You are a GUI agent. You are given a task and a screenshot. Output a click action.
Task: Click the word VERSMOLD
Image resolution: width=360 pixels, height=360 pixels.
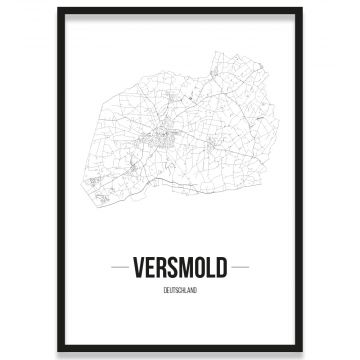point(180,270)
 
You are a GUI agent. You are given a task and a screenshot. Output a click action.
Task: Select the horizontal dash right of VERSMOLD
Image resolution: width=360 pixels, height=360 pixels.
point(241,270)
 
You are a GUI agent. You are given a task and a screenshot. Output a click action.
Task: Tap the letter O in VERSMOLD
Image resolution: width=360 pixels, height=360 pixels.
point(196,270)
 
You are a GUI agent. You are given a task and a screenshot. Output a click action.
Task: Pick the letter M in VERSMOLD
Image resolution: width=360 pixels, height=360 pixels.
point(183,270)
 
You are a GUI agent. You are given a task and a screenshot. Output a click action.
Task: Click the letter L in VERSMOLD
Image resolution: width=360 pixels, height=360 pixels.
point(208,270)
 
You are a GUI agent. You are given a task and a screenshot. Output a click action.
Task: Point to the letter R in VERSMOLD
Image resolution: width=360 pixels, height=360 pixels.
point(160,270)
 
